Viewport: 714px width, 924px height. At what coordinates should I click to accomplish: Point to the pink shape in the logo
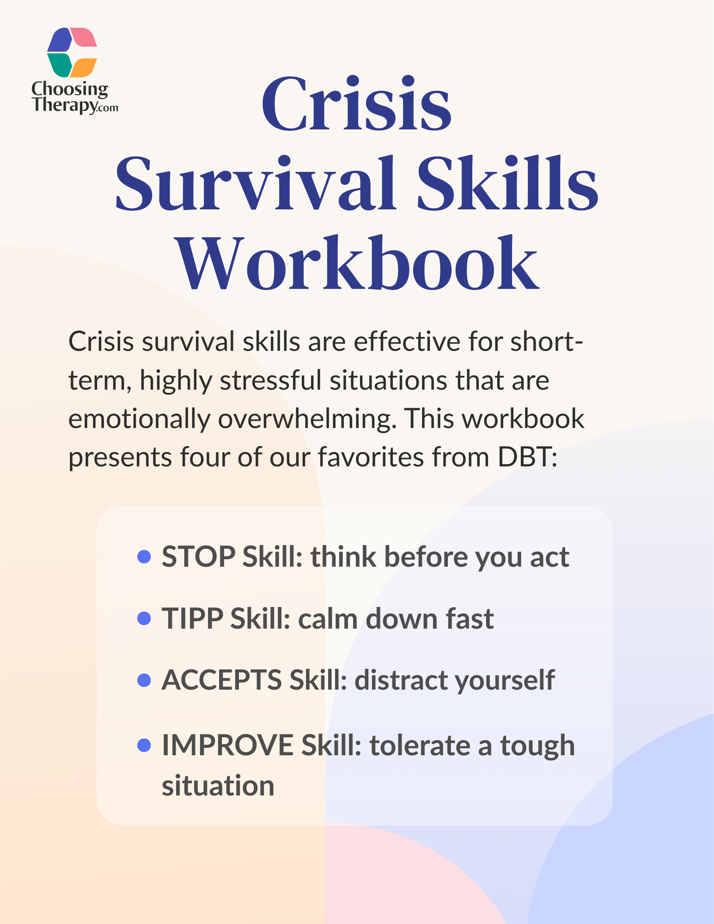coord(84,37)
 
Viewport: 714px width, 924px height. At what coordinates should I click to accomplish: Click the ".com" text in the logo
coord(108,109)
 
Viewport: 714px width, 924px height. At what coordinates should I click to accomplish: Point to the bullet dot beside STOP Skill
coord(145,557)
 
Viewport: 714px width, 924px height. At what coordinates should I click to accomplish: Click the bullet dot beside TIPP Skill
coord(145,618)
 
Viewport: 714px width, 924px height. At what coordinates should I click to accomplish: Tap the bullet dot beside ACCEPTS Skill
coord(145,680)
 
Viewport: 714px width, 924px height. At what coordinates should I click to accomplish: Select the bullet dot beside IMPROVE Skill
coord(145,746)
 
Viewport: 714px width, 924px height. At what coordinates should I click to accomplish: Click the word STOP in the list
coord(199,557)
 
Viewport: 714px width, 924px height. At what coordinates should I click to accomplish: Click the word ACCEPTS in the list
coord(222,680)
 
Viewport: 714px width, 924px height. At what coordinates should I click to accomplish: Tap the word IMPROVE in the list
coord(228,746)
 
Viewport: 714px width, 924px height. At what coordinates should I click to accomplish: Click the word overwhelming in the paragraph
coord(307,419)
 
